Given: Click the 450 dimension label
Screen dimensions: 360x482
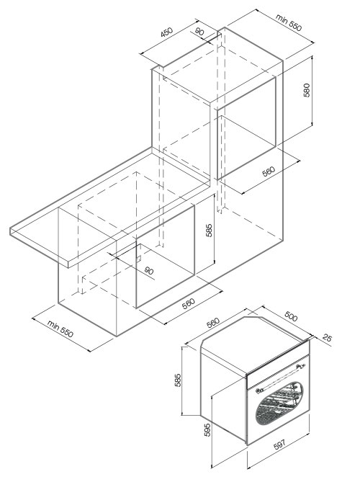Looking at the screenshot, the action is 167,32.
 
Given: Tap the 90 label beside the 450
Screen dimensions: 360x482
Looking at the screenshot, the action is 199,32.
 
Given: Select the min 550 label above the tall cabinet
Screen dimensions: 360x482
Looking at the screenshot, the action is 289,22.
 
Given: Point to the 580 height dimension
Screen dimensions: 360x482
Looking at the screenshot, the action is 307,90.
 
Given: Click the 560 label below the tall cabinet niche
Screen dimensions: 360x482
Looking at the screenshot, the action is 269,171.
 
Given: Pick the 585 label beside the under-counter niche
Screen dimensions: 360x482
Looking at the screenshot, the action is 209,230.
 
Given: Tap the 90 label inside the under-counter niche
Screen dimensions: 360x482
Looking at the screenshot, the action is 148,270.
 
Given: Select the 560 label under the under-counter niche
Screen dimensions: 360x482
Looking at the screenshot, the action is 189,303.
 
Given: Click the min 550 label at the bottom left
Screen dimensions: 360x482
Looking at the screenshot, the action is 60,329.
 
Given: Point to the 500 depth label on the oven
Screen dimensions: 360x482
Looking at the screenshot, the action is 291,316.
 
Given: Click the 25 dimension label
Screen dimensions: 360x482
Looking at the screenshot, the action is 327,338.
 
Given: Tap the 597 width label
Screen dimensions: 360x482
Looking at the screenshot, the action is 279,445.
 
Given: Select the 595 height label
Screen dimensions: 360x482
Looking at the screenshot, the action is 207,429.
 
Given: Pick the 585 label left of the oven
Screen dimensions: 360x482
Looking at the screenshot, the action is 178,380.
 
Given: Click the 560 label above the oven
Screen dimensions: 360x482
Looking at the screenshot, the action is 213,323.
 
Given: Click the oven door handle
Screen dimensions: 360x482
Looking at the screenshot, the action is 280,377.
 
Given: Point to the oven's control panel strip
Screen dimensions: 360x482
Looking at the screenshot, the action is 278,371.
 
